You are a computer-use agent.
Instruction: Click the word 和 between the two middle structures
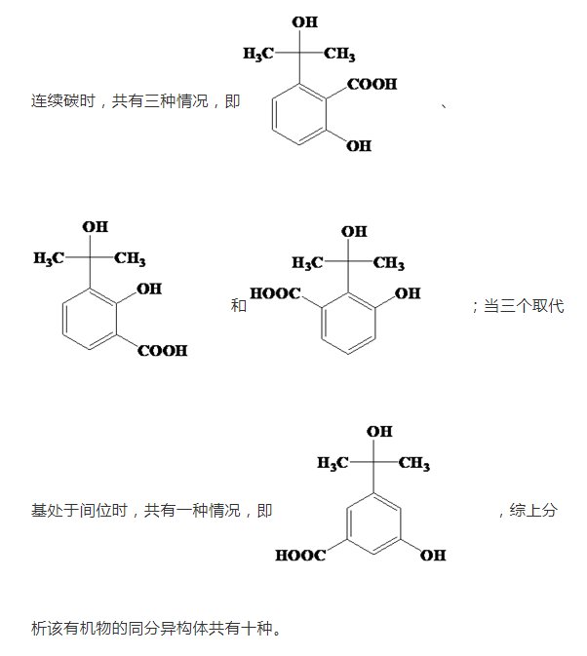coord(238,306)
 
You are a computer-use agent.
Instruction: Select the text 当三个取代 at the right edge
coord(524,306)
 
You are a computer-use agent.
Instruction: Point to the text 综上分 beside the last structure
coord(533,510)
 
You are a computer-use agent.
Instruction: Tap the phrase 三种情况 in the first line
coord(161,101)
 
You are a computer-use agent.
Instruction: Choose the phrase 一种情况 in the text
coord(208,510)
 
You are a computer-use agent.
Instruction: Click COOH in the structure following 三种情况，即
coord(372,85)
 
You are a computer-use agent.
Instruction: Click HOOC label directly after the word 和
coord(276,292)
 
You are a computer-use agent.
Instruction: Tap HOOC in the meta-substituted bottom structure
coord(300,556)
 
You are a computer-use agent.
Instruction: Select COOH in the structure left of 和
coord(162,351)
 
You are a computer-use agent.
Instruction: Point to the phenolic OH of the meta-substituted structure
coord(432,556)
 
